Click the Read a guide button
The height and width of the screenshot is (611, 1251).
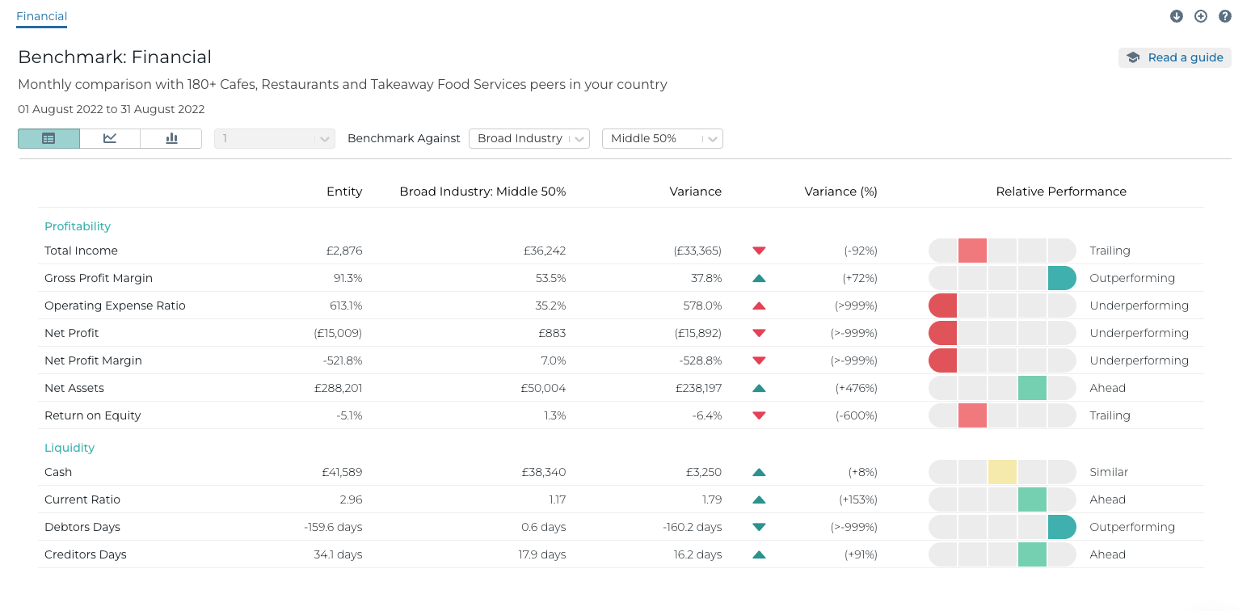click(x=1174, y=57)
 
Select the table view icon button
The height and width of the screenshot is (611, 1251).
click(x=48, y=138)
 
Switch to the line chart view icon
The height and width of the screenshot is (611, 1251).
click(x=110, y=138)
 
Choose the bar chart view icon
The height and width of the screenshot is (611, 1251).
click(x=171, y=138)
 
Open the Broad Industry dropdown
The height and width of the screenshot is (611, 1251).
click(x=529, y=138)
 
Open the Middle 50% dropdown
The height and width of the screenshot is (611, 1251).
click(x=662, y=138)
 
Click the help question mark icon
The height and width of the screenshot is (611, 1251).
click(x=1225, y=16)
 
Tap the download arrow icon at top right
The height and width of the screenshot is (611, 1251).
click(x=1177, y=16)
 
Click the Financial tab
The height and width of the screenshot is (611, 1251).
click(x=41, y=16)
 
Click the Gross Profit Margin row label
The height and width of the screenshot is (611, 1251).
click(x=99, y=278)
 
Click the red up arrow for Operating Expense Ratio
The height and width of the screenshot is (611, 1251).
click(x=758, y=306)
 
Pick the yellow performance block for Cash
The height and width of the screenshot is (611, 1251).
click(x=1002, y=472)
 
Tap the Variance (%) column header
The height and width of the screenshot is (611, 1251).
click(x=840, y=192)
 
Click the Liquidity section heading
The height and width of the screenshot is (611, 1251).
click(x=69, y=448)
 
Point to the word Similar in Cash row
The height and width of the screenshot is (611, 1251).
click(x=1109, y=472)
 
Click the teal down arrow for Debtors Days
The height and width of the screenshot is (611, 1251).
click(x=758, y=527)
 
